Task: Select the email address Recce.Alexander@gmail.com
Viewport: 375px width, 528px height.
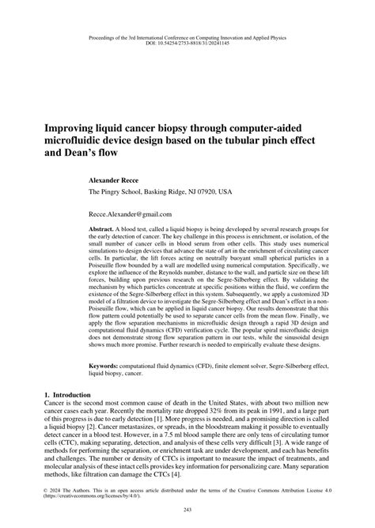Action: click(130, 214)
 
